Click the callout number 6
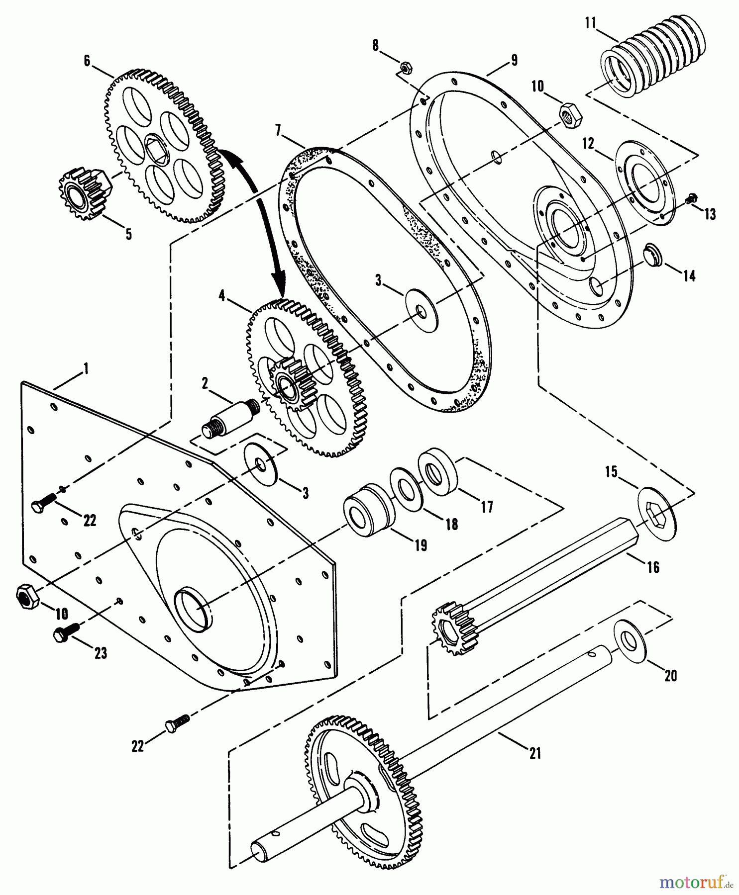coord(87,61)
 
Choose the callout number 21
coord(534,753)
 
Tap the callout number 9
coord(514,61)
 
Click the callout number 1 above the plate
coord(86,368)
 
